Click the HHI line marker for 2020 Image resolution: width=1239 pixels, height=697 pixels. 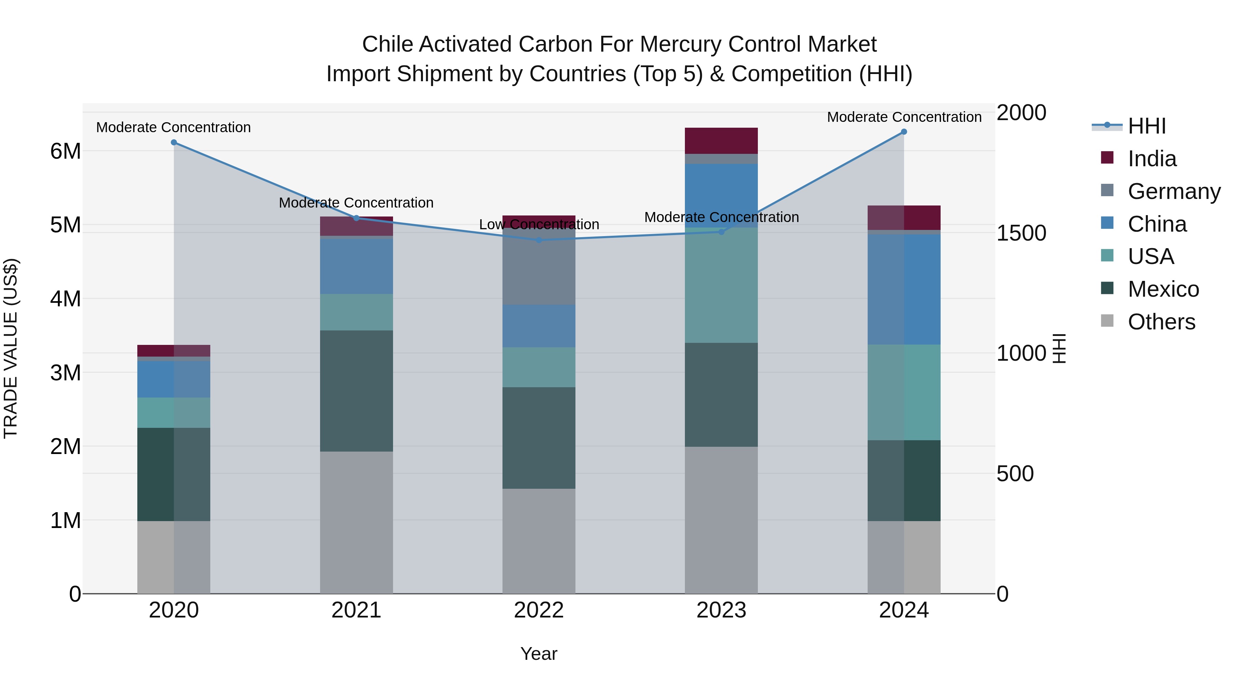point(174,142)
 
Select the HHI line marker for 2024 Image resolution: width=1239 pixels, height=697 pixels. point(904,132)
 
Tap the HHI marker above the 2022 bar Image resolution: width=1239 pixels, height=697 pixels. point(539,240)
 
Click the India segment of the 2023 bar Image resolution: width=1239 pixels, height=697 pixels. point(721,140)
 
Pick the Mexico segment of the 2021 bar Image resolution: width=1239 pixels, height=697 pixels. point(357,391)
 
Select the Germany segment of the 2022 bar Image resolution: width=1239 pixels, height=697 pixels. point(539,266)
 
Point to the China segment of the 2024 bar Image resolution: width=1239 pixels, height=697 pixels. point(904,289)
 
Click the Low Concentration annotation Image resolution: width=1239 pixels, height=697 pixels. point(539,225)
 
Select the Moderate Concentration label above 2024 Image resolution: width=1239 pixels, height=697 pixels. point(904,117)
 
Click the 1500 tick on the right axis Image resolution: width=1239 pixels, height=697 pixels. point(1021,233)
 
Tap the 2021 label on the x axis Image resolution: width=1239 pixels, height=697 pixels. point(357,610)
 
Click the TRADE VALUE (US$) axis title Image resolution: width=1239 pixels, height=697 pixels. point(11,348)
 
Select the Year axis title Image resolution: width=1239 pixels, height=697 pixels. point(539,654)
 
